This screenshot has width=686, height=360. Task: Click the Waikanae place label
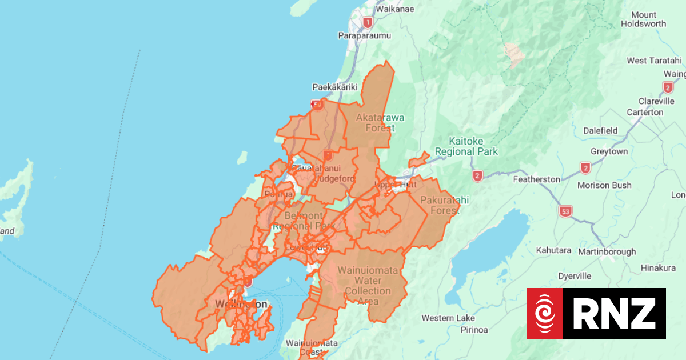point(394,9)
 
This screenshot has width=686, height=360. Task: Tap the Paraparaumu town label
point(365,35)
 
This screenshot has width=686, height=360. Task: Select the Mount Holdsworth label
point(644,19)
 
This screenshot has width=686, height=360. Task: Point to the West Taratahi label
point(654,61)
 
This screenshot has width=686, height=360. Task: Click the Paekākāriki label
point(334,87)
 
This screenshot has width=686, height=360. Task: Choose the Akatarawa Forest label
point(380,122)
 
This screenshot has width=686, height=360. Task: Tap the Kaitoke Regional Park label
point(465,146)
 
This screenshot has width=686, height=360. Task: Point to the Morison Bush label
point(604,185)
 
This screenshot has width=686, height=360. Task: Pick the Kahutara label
point(553,250)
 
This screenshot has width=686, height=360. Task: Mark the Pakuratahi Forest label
point(440,205)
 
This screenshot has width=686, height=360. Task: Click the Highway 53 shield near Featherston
point(565,211)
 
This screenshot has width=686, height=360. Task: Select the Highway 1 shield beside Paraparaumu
point(368,22)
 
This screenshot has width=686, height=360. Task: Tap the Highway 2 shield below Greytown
point(585,168)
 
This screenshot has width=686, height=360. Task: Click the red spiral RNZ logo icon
point(545,313)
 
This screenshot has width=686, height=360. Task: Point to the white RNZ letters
point(615,313)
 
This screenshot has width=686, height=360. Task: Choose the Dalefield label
point(600,130)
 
